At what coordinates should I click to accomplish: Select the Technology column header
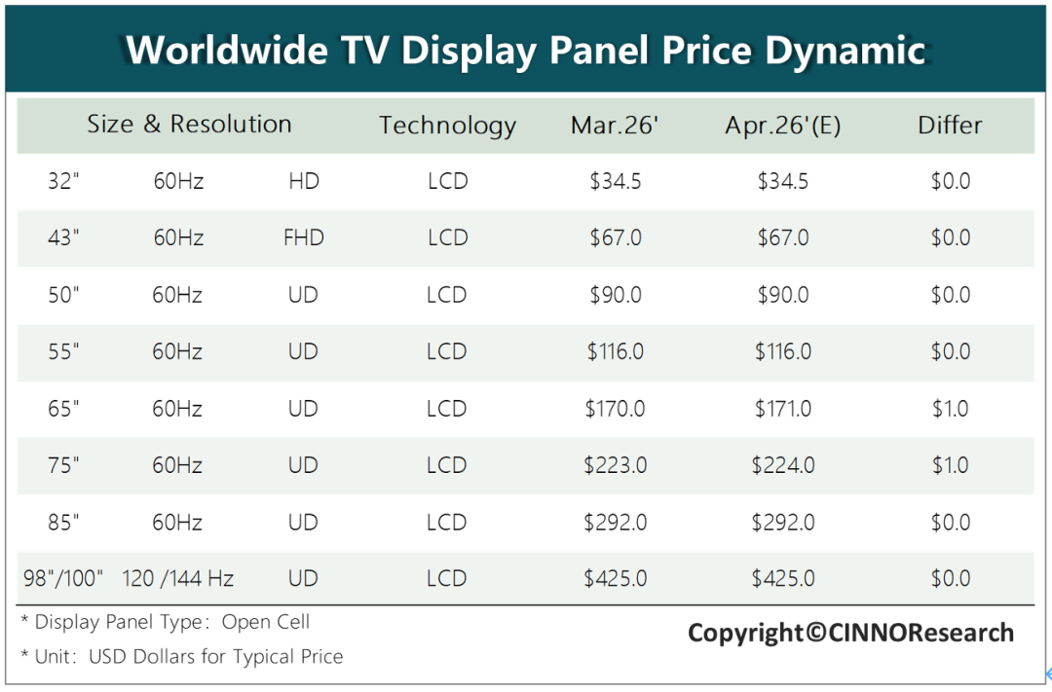[447, 126]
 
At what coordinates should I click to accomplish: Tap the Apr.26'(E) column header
[782, 126]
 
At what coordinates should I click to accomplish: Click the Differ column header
[950, 125]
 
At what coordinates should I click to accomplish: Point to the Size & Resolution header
[189, 124]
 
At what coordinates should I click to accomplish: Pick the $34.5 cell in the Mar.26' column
[616, 181]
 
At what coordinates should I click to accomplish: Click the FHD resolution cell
[303, 237]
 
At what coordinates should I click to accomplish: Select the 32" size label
[63, 181]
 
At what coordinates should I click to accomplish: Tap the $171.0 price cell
[783, 409]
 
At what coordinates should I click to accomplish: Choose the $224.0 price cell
[783, 465]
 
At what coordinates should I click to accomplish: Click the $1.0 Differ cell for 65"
[950, 409]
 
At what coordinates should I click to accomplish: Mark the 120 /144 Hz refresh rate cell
[178, 579]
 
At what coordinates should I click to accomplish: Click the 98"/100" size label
[63, 579]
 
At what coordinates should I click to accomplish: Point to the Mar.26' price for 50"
[616, 295]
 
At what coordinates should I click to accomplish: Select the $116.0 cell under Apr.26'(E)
[783, 351]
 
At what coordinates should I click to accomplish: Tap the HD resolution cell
[304, 181]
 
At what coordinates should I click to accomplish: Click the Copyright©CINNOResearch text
[850, 633]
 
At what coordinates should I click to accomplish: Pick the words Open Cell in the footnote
[266, 622]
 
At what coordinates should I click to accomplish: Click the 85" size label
[63, 523]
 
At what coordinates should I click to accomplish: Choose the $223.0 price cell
[616, 465]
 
